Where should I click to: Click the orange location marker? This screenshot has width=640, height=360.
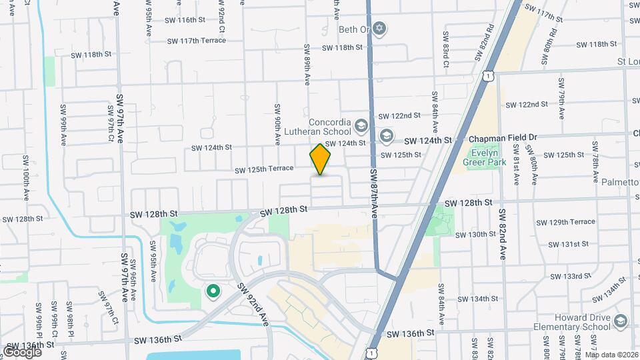click(321, 159)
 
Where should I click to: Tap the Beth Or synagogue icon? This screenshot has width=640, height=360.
click(381, 29)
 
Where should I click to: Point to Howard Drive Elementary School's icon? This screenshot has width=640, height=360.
click(621, 322)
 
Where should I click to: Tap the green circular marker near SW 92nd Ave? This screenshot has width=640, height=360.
click(213, 291)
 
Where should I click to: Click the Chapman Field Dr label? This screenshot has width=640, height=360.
click(503, 137)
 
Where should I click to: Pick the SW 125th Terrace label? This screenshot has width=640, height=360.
click(263, 169)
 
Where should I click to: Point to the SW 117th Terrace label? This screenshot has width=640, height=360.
click(196, 41)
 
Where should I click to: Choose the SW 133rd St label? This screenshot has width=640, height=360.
click(571, 276)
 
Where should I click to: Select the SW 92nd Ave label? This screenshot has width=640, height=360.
click(259, 305)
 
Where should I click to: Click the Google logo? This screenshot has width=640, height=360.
click(22, 351)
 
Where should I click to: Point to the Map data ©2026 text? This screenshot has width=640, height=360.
click(611, 355)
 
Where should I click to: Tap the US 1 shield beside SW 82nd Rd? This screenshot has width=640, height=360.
click(490, 77)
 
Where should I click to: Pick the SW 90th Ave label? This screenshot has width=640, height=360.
click(277, 124)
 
